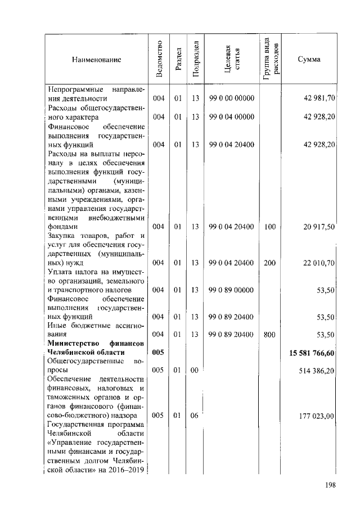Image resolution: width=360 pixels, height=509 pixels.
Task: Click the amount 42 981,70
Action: [x=319, y=98]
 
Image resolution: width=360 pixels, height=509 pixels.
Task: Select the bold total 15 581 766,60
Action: [x=312, y=353]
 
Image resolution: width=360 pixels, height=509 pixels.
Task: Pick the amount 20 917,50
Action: [x=319, y=227]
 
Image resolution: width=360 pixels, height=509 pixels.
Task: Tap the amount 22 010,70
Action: [x=319, y=263]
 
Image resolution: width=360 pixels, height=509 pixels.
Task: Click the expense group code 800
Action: [x=269, y=335]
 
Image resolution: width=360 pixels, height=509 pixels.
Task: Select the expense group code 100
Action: [x=269, y=227]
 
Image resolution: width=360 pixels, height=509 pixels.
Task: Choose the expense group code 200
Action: [x=269, y=263]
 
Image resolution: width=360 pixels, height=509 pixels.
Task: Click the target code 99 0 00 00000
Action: [x=231, y=98]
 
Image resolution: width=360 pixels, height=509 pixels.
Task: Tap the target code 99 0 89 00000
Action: [x=231, y=290]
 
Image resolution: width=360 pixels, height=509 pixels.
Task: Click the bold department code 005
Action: [x=158, y=353]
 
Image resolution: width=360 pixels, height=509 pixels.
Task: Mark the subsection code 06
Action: [x=195, y=416]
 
